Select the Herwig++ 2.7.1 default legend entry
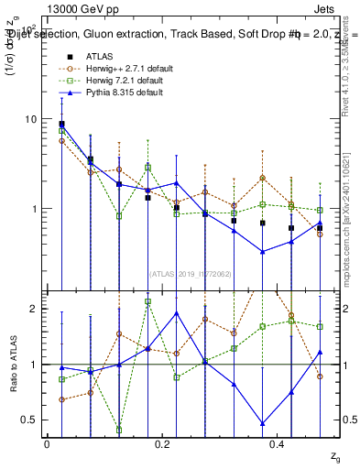pyautogui.click(x=123, y=68)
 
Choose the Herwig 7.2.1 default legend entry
pyautogui.click(x=120, y=80)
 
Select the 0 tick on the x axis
pyautogui.click(x=47, y=443)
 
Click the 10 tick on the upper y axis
pyautogui.click(x=31, y=119)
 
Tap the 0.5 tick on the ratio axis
pyautogui.click(x=30, y=420)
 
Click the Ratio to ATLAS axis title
pyautogui.click(x=12, y=365)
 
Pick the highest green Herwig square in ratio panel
pyautogui.click(x=147, y=301)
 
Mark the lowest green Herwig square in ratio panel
pyautogui.click(x=119, y=429)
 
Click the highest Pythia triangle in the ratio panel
pyautogui.click(x=177, y=313)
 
